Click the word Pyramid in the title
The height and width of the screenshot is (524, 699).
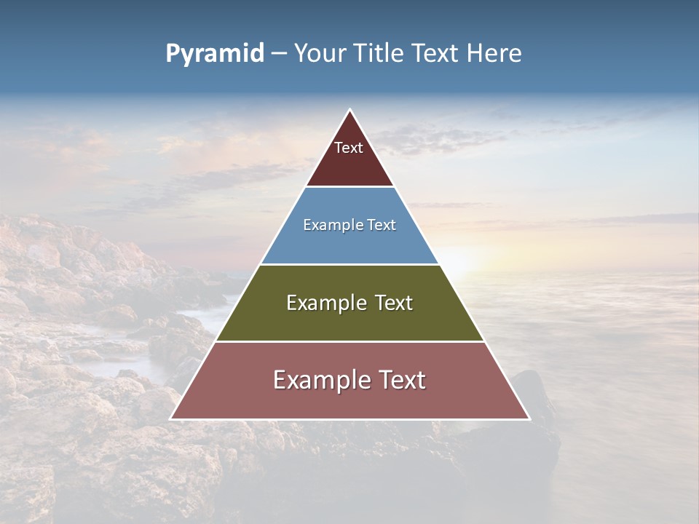point(215,54)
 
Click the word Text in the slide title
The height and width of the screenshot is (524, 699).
point(435,54)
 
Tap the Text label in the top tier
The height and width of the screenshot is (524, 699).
point(349,148)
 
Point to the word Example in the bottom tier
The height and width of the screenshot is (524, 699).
point(317,380)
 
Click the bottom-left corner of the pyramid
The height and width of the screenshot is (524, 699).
point(171,418)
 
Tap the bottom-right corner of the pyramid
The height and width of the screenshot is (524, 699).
point(529,418)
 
